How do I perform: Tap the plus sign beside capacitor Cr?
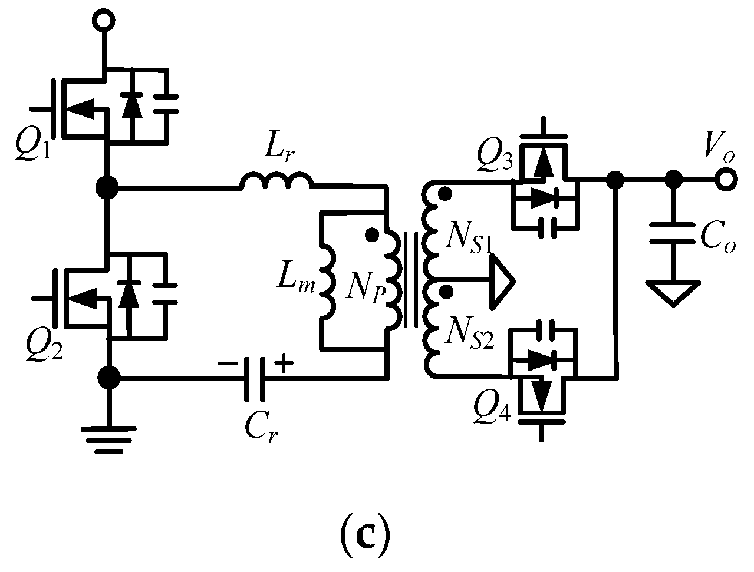coord(284,365)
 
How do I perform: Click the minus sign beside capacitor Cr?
coord(225,364)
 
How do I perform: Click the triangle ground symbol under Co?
coord(671,292)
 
